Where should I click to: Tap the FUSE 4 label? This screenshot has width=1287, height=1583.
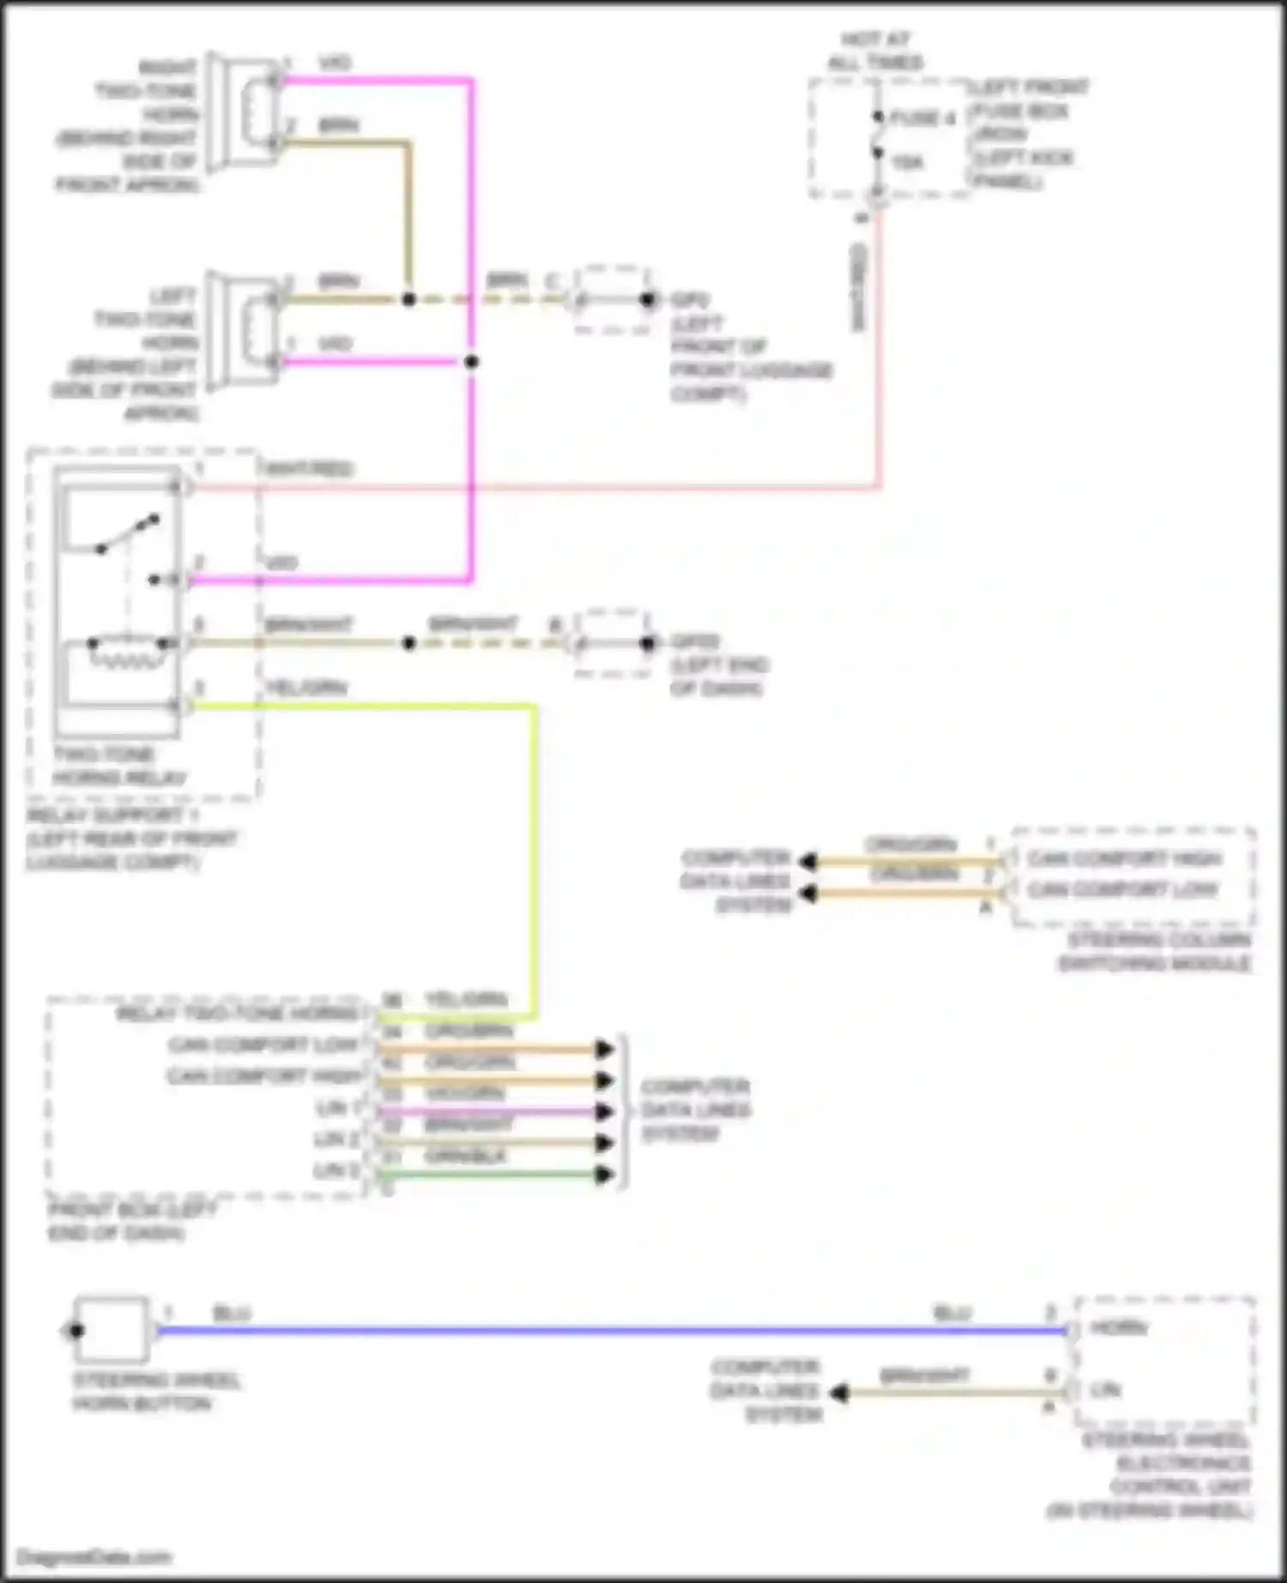pyautogui.click(x=922, y=118)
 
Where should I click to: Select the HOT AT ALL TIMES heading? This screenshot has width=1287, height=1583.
pyautogui.click(x=875, y=51)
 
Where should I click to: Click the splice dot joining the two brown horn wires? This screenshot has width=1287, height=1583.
pyautogui.click(x=409, y=299)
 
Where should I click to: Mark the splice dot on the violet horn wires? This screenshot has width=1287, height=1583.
pyautogui.click(x=471, y=362)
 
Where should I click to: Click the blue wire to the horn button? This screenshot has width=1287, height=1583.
pyautogui.click(x=601, y=1330)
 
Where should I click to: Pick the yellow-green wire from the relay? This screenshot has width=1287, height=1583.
pyautogui.click(x=535, y=858)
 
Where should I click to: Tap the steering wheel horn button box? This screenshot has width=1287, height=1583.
pyautogui.click(x=112, y=1330)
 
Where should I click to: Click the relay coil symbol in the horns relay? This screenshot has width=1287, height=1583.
pyautogui.click(x=127, y=656)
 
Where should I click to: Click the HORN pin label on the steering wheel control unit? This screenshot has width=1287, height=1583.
pyautogui.click(x=1118, y=1328)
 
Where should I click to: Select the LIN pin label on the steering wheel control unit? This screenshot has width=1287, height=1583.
pyautogui.click(x=1106, y=1389)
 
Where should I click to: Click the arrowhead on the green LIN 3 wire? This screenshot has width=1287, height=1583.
pyautogui.click(x=605, y=1175)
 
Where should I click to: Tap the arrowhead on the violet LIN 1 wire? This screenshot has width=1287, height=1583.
pyautogui.click(x=605, y=1112)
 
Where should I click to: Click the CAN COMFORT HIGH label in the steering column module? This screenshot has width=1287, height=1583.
pyautogui.click(x=1124, y=858)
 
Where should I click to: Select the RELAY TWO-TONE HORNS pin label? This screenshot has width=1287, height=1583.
pyautogui.click(x=238, y=1014)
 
